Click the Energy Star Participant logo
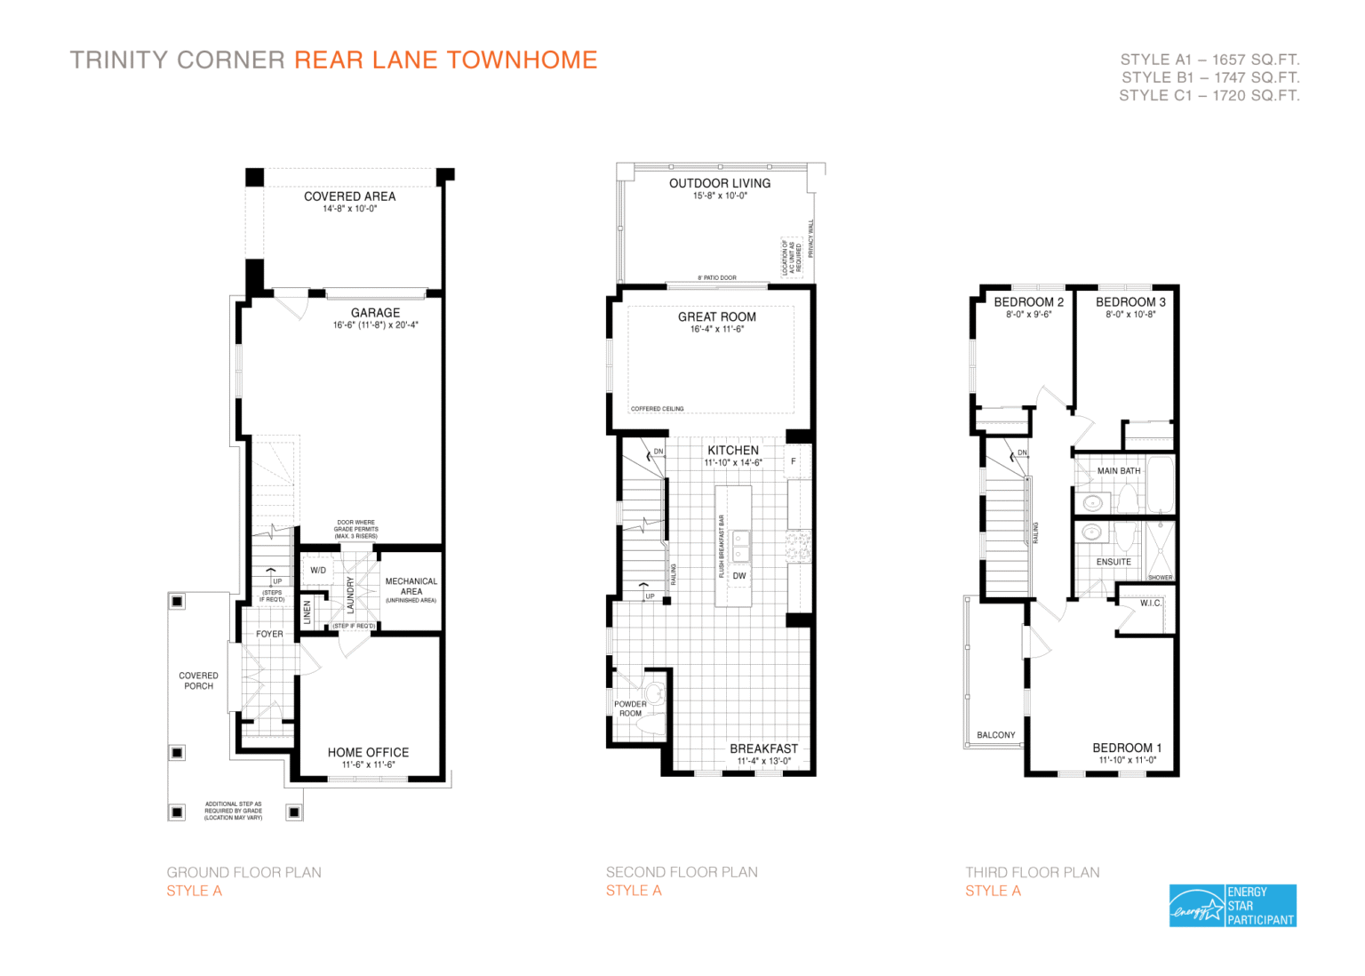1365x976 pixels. pyautogui.click(x=1233, y=906)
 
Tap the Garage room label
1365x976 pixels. pyautogui.click(x=375, y=313)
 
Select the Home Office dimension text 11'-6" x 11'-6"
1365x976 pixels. pyautogui.click(x=368, y=764)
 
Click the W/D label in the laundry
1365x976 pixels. pyautogui.click(x=318, y=571)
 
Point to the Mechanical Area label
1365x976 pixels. pyautogui.click(x=411, y=587)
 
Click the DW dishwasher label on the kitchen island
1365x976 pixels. pyautogui.click(x=739, y=576)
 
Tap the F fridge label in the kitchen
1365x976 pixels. pyautogui.click(x=794, y=461)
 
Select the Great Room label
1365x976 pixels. pyautogui.click(x=717, y=317)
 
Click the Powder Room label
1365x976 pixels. pyautogui.click(x=630, y=708)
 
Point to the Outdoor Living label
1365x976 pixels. pyautogui.click(x=720, y=183)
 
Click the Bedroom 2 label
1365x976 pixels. pyautogui.click(x=1028, y=302)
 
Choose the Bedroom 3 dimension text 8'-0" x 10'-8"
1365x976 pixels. pyautogui.click(x=1130, y=315)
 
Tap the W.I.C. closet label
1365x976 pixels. pyautogui.click(x=1151, y=604)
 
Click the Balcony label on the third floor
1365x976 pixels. pyautogui.click(x=995, y=735)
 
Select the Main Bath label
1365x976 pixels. pyautogui.click(x=1119, y=471)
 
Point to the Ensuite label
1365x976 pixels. pyautogui.click(x=1114, y=562)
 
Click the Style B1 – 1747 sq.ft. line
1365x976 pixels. pyautogui.click(x=1209, y=77)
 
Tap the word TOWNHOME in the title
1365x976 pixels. pyautogui.click(x=522, y=60)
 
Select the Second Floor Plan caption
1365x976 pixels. pyautogui.click(x=682, y=873)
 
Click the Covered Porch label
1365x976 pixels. pyautogui.click(x=198, y=681)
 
